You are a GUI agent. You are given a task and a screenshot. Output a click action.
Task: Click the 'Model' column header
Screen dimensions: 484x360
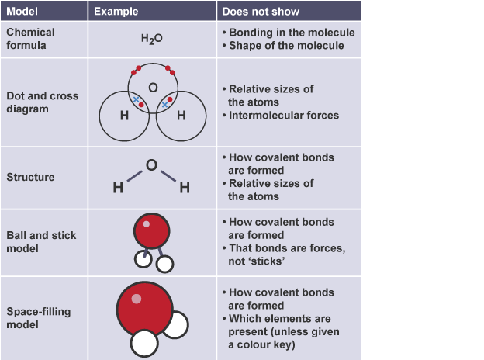pos(22,12)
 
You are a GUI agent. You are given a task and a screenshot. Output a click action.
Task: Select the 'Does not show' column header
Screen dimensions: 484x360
pos(261,12)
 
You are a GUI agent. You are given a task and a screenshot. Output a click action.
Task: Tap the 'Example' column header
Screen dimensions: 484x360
pos(116,12)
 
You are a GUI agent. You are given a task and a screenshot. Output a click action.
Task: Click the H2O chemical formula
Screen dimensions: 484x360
pos(151,39)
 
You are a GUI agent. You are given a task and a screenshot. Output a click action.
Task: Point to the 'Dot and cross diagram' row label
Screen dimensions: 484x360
pos(43,102)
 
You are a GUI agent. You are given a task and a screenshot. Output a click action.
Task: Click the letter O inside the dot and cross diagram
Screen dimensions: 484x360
pos(153,88)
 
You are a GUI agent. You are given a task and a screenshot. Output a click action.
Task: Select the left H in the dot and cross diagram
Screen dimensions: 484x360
pos(124,116)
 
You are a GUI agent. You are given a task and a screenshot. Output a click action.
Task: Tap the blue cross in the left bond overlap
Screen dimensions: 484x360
pos(136,99)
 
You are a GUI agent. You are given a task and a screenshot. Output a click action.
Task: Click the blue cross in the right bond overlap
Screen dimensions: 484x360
pos(165,105)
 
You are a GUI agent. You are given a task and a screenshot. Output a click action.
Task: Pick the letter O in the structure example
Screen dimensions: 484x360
pos(151,165)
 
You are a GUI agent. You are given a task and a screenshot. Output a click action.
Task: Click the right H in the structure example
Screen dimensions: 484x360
pos(185,188)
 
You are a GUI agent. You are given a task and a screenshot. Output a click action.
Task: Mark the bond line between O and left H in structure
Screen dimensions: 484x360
pos(134,176)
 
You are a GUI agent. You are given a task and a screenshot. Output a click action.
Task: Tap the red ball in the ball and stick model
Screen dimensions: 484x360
pos(151,231)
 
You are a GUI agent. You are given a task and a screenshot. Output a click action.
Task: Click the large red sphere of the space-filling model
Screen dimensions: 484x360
pos(144,310)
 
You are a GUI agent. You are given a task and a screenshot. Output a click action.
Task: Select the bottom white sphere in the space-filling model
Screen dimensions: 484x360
pos(144,344)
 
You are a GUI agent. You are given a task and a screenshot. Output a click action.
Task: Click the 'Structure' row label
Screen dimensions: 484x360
pos(30,177)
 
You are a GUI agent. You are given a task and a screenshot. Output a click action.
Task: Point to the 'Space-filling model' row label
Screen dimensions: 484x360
pos(39,318)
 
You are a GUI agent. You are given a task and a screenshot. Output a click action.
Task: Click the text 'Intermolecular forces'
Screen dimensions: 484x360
pos(284,115)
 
